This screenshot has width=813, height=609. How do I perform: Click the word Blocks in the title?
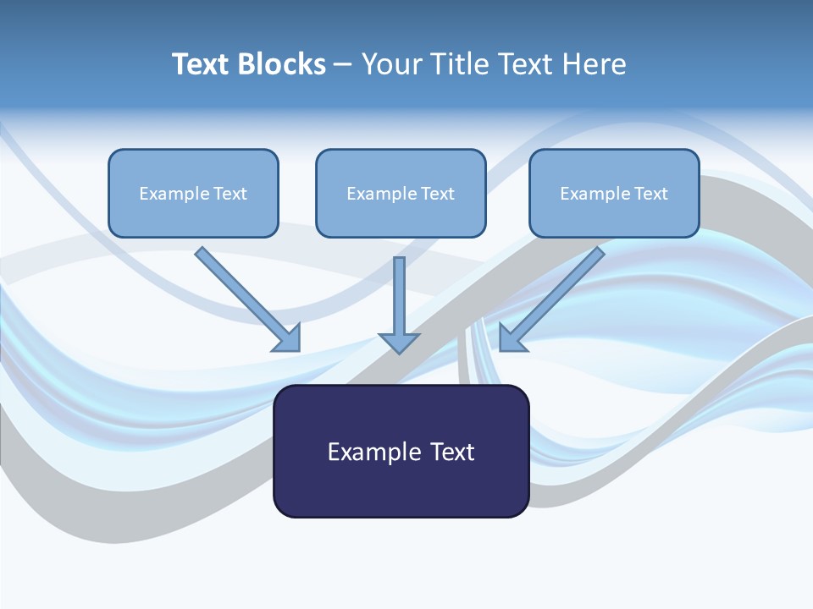pos(282,64)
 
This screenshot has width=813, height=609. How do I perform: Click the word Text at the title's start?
pos(202,64)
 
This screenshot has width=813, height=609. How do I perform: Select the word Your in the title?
pos(391,64)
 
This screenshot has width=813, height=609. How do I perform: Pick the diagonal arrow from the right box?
pos(555,296)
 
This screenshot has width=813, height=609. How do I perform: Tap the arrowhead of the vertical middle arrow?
pos(399,343)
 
